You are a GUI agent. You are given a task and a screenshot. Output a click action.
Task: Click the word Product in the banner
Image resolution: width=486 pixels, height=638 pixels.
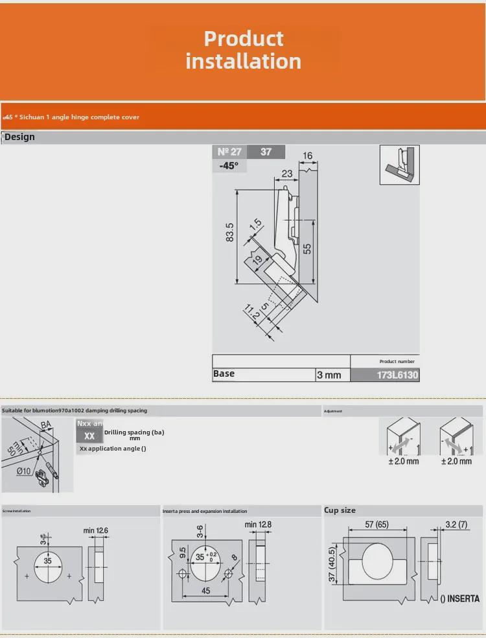click(x=244, y=38)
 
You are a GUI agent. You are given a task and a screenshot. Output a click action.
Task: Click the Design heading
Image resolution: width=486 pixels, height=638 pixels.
click(x=19, y=137)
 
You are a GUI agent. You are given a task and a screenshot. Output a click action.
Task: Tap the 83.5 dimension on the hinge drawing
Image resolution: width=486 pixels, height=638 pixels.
click(x=230, y=233)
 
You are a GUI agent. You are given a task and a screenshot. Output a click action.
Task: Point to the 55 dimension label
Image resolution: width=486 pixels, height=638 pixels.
click(x=308, y=247)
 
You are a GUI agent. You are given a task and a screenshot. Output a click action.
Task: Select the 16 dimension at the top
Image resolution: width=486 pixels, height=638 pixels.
click(x=307, y=156)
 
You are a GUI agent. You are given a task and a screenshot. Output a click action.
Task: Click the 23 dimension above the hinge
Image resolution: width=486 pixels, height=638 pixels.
click(x=287, y=174)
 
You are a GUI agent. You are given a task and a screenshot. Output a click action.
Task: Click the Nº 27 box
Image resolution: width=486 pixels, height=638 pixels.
click(x=229, y=152)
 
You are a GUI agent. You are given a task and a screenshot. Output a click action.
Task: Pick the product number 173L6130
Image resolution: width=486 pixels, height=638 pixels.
click(x=397, y=375)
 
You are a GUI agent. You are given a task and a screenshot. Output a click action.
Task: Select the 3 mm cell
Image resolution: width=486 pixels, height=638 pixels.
click(x=329, y=375)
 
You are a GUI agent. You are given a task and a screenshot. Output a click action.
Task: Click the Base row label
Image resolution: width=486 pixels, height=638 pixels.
click(x=224, y=373)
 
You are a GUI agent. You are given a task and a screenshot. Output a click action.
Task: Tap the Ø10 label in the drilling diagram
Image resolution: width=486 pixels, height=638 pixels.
click(x=23, y=470)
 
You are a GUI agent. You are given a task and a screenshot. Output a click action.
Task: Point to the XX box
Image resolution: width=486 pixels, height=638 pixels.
click(x=89, y=436)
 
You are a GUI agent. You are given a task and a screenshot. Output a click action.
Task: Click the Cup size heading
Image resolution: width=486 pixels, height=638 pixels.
click(x=340, y=510)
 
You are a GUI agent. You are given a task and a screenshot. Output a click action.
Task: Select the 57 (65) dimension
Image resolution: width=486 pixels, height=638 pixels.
click(x=377, y=524)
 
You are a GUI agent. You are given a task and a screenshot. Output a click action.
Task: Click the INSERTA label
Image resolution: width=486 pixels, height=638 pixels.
click(x=459, y=598)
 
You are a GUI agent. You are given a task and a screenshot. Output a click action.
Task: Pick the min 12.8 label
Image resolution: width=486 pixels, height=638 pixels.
click(x=259, y=524)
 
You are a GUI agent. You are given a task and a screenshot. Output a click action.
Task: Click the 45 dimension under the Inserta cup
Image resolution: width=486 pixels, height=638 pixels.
click(x=205, y=591)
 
